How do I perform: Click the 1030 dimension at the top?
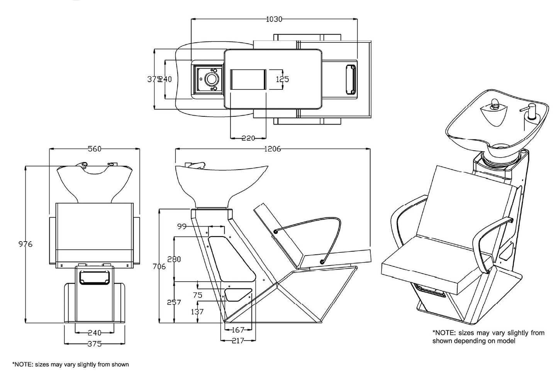[274, 19]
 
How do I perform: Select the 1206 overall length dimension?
[272, 149]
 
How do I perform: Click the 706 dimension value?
[159, 266]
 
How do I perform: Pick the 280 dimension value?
[174, 259]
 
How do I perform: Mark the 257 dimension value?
[174, 302]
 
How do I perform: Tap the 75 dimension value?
[197, 295]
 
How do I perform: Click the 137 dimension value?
[197, 311]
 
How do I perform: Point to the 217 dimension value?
[237, 341]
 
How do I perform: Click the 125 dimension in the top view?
[282, 79]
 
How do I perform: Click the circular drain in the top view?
[211, 79]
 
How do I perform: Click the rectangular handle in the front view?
[95, 277]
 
